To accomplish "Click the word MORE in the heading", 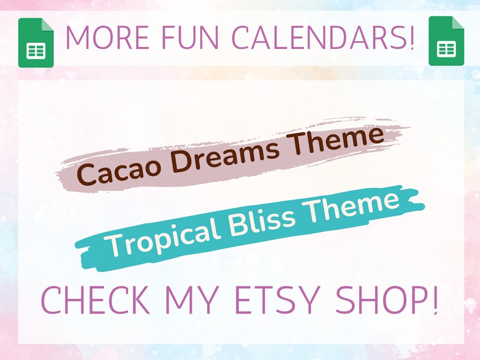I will pyautogui.click(x=106, y=37).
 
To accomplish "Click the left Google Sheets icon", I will pyautogui.click(x=36, y=42).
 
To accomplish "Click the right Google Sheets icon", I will pyautogui.click(x=446, y=40).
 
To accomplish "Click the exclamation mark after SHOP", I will pyautogui.click(x=433, y=300).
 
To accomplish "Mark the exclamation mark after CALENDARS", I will pyautogui.click(x=412, y=37).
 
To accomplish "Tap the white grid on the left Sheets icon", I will pyautogui.click(x=36, y=51).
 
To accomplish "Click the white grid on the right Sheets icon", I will pyautogui.click(x=446, y=49).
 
